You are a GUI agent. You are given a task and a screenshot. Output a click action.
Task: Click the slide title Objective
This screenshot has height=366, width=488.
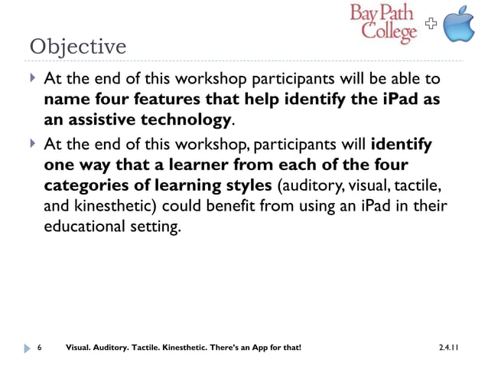[77, 47]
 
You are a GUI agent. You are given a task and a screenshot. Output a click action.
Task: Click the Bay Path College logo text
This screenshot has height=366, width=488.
[384, 23]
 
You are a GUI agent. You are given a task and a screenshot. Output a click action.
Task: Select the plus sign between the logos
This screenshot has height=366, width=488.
[431, 25]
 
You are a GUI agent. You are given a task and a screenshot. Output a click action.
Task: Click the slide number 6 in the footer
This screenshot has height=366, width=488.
[39, 348]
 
